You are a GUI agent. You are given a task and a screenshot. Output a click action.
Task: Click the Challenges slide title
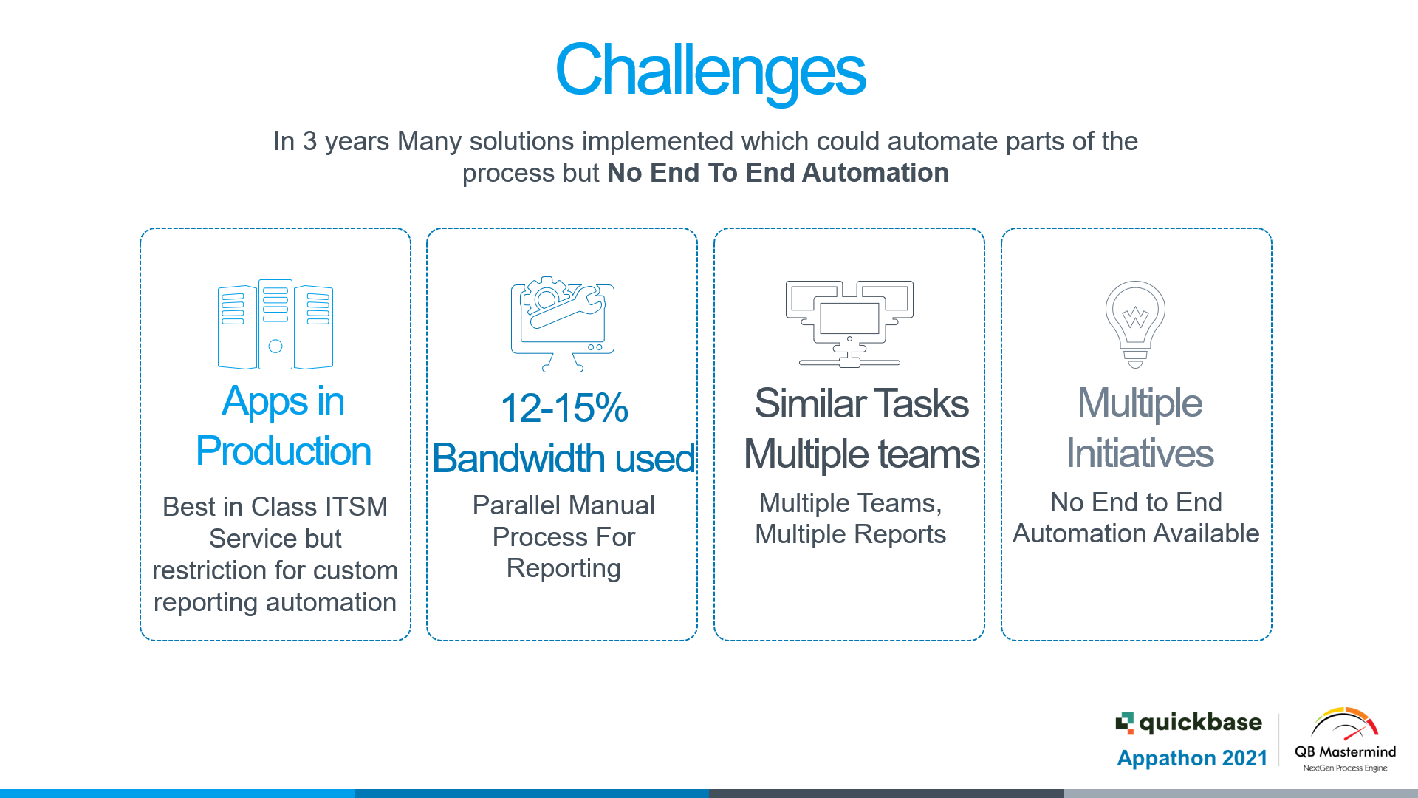click(x=710, y=71)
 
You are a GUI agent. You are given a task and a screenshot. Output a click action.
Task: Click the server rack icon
click(x=275, y=324)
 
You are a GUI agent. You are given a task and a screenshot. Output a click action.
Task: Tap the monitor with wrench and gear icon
click(x=563, y=324)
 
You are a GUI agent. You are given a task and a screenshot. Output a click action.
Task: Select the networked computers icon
click(x=849, y=324)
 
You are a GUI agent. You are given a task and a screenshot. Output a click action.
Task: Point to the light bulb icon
click(x=1135, y=324)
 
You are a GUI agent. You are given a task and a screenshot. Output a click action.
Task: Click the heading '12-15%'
click(x=564, y=408)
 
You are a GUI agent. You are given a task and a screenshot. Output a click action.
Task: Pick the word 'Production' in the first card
click(x=284, y=451)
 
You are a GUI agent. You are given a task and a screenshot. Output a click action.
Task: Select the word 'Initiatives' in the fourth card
click(x=1140, y=453)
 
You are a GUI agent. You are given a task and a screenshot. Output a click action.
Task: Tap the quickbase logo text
click(x=1200, y=722)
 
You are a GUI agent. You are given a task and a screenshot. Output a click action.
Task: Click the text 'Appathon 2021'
click(x=1192, y=758)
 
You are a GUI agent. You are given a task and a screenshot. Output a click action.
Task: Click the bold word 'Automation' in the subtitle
click(x=875, y=173)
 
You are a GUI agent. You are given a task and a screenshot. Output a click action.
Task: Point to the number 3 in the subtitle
click(x=309, y=141)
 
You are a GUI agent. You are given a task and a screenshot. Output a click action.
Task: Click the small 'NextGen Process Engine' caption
click(x=1345, y=768)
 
